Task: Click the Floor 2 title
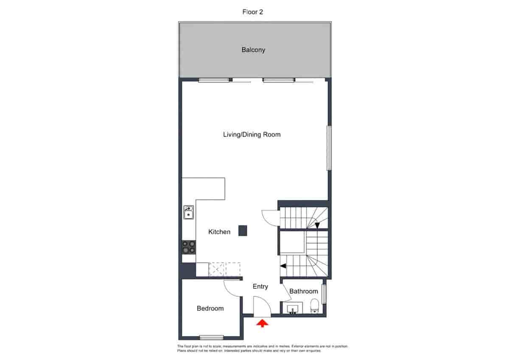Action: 252,12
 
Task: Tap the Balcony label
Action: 253,50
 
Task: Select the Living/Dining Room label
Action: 252,135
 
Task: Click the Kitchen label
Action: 219,232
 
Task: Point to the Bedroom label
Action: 210,308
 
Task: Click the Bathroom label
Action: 303,291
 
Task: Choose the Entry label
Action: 260,287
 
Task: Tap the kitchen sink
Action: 188,212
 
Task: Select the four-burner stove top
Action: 189,247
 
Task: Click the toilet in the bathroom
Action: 314,306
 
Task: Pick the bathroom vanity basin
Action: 293,309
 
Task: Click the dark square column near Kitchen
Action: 243,231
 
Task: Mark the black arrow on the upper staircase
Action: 317,225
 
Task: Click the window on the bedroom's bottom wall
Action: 211,337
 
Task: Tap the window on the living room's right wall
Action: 328,148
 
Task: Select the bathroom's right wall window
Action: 324,294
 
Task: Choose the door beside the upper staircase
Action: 271,218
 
